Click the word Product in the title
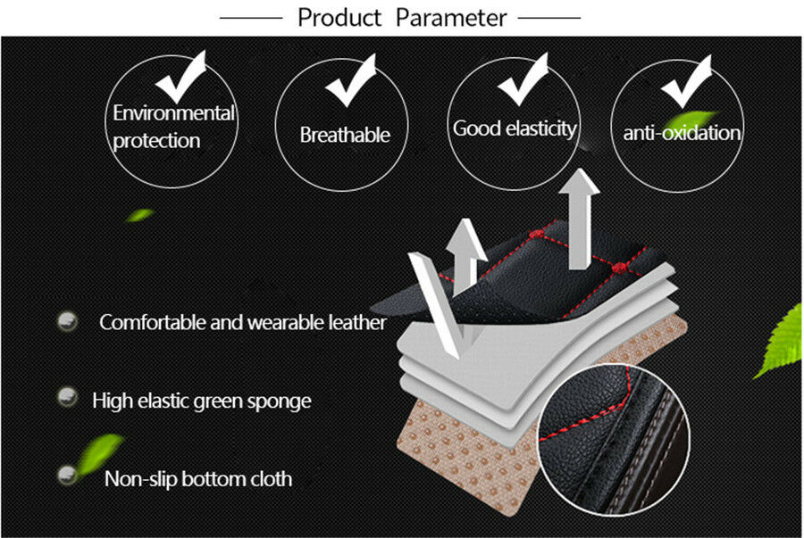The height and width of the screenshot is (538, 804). (339, 18)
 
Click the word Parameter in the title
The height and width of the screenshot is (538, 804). (451, 18)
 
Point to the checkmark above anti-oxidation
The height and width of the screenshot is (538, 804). (686, 82)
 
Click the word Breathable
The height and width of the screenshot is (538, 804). (345, 135)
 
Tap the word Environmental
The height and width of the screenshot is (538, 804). (174, 113)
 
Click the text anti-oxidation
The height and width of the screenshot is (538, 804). (682, 133)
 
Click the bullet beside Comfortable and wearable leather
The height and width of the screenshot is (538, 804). (67, 321)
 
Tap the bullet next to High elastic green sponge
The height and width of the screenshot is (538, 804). (67, 397)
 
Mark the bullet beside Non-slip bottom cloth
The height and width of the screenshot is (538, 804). (67, 475)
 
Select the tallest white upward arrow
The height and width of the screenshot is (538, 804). (580, 219)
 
